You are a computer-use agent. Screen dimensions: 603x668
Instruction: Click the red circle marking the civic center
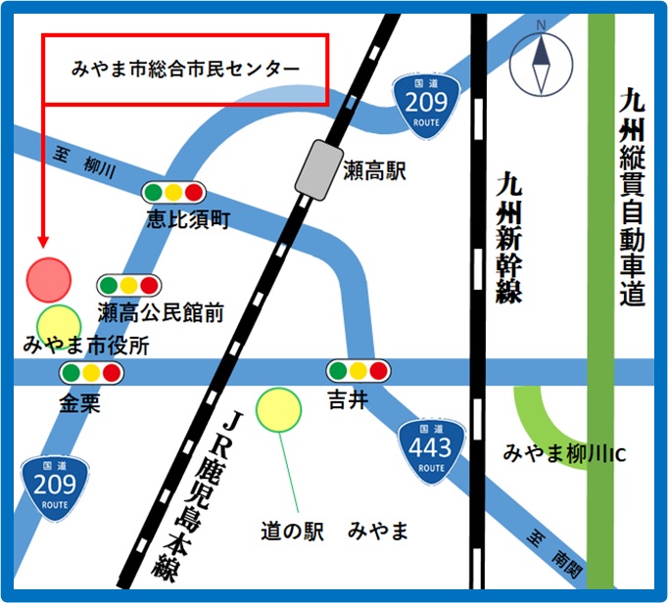[x=49, y=279]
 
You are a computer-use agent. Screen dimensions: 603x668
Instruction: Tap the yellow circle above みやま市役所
[x=59, y=323]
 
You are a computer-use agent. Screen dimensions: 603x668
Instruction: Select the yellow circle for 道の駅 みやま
[x=279, y=408]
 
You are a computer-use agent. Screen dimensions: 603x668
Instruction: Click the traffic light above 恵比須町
[x=174, y=192]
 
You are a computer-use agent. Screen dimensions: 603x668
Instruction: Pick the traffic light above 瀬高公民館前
[x=128, y=286]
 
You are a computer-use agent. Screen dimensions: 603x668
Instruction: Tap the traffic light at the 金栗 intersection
[x=90, y=372]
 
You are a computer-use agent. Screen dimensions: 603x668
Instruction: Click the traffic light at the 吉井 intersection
[x=358, y=371]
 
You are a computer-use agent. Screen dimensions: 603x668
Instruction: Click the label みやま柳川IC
[x=564, y=455]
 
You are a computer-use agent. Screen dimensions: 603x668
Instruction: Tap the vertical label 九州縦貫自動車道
[x=632, y=196]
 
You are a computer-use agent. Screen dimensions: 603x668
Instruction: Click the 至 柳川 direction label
[x=82, y=162]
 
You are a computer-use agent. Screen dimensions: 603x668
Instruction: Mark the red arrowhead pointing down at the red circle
[x=42, y=241]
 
